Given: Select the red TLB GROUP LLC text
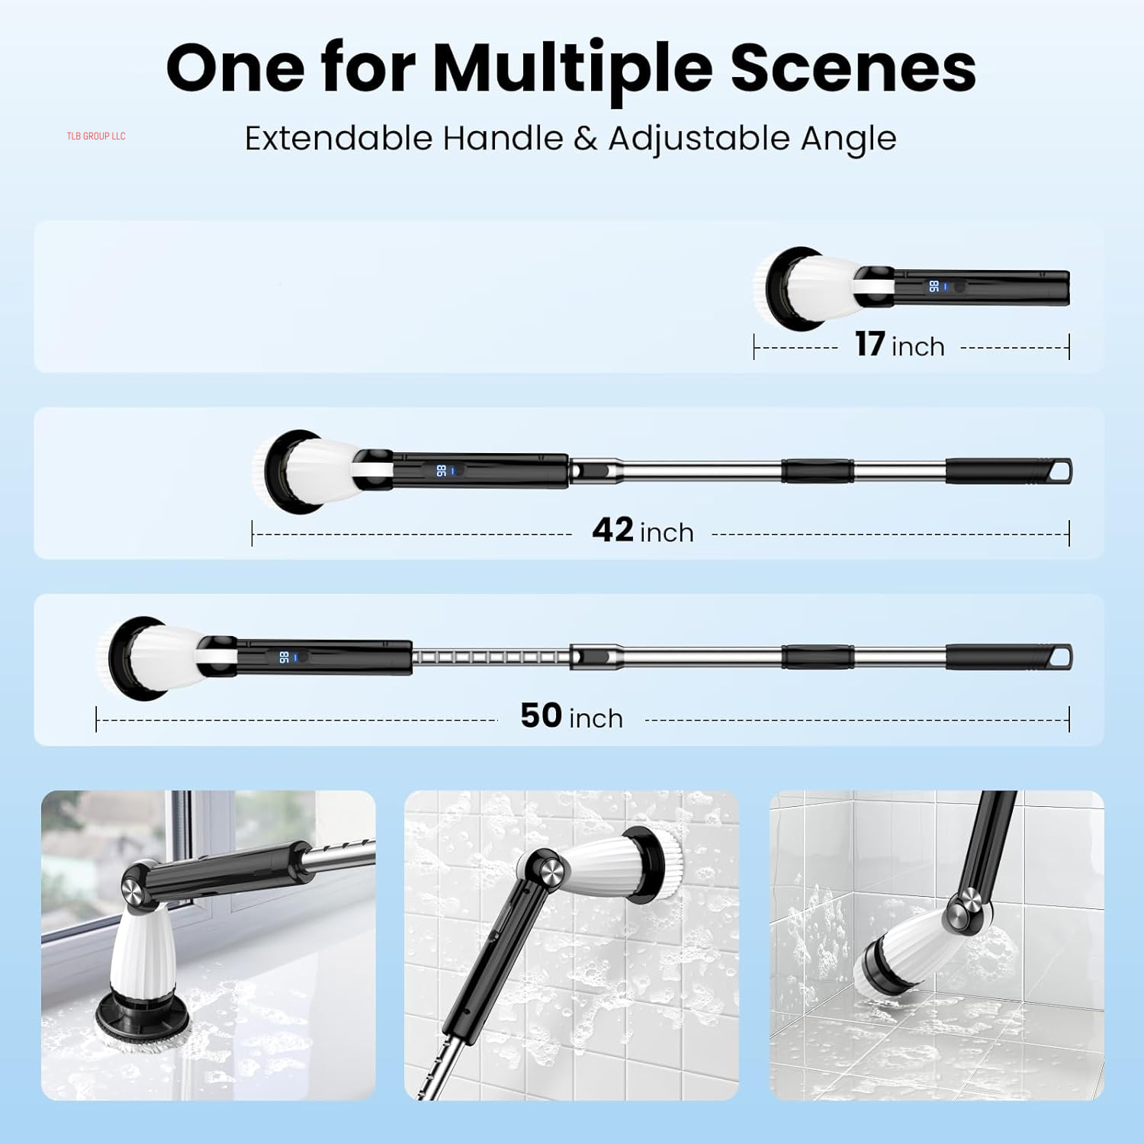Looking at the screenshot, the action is (x=96, y=137).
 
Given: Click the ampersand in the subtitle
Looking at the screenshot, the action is (x=585, y=138).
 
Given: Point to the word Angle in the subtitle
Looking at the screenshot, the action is (x=848, y=140).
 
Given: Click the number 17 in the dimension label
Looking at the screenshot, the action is (x=869, y=344).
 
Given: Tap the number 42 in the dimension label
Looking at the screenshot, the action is (x=613, y=529).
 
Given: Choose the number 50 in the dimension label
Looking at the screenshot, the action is (x=541, y=715).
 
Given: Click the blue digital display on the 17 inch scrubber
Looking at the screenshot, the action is (x=934, y=287).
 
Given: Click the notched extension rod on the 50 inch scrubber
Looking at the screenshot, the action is (x=491, y=657).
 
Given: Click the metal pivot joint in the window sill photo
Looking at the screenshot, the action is (x=134, y=889).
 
